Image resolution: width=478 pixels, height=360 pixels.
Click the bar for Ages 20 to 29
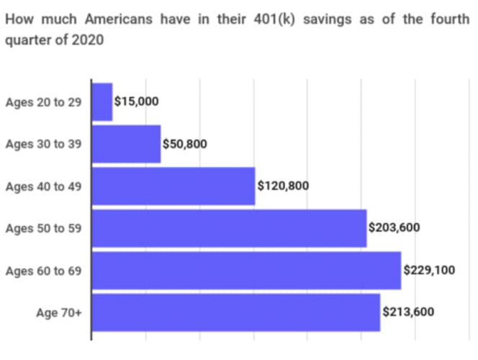[x=102, y=102]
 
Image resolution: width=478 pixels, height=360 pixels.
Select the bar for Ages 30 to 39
[x=126, y=144]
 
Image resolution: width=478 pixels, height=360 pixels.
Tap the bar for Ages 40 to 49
[x=173, y=186]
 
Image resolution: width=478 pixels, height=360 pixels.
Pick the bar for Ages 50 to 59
[x=229, y=228]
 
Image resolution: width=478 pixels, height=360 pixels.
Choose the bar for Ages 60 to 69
[x=246, y=270]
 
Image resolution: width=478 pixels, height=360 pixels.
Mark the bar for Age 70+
[x=235, y=312]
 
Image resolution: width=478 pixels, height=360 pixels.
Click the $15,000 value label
[x=137, y=102]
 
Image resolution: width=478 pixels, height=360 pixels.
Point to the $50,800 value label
[x=185, y=144]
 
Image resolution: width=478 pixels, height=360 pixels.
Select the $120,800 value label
[x=283, y=186]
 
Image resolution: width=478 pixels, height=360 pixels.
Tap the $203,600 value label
[x=394, y=228]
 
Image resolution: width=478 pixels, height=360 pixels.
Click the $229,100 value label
[x=429, y=270]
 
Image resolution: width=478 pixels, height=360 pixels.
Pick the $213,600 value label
[x=408, y=312]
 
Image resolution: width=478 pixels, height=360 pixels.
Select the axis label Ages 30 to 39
[x=43, y=144]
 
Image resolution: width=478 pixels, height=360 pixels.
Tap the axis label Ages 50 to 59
[x=43, y=228]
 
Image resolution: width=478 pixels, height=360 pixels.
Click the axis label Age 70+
[x=58, y=312]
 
